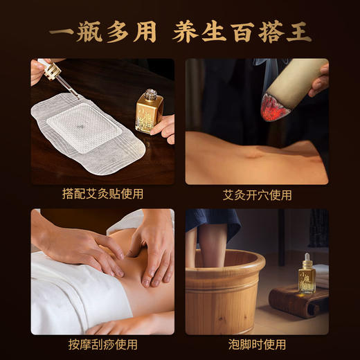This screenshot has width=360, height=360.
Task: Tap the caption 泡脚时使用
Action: click(x=257, y=344)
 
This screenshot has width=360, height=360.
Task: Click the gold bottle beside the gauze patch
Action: click(x=149, y=111)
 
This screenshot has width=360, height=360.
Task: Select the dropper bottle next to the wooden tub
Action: click(x=307, y=273)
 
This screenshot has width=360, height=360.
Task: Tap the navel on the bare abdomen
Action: click(x=260, y=153)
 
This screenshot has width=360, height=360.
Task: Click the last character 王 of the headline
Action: click(x=299, y=31)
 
